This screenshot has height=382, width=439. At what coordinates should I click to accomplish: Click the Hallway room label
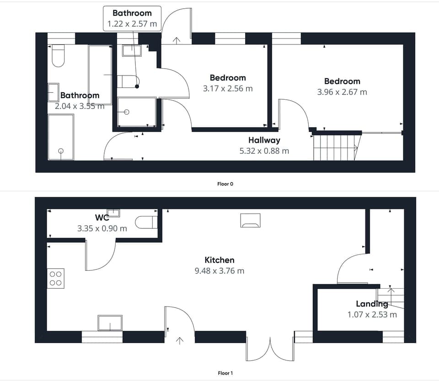264,140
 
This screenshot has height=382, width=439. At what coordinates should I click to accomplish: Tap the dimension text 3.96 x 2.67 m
342,92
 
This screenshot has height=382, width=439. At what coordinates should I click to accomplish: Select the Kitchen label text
219,260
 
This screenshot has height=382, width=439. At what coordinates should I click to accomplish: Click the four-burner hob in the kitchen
56,278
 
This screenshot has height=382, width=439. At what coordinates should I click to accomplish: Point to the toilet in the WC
149,222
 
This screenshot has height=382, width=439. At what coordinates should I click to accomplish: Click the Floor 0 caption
225,184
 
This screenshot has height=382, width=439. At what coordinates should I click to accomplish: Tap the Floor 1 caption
225,373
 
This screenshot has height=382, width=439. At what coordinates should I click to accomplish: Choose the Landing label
372,304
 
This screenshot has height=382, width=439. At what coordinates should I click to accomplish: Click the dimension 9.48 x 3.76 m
219,271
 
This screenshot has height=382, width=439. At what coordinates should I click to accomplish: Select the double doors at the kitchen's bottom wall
270,350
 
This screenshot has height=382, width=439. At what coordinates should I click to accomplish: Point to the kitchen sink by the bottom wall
110,323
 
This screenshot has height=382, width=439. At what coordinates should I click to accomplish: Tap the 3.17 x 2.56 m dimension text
228,88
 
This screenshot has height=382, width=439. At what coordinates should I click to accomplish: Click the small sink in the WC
113,213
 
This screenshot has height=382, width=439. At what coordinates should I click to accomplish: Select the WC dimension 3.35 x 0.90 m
102,228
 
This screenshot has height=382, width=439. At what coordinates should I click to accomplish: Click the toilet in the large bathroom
58,56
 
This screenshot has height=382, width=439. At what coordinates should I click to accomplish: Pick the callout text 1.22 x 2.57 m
132,23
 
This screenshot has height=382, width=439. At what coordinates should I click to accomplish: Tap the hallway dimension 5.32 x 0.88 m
264,151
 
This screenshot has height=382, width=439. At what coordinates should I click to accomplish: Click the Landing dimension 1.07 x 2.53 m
372,314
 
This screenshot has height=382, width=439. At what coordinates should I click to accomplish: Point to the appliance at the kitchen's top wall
250,220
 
